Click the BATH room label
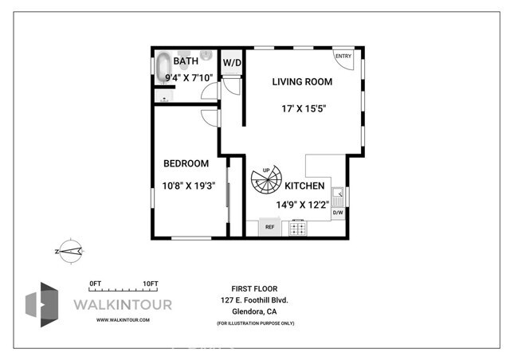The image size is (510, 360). pos(186,60)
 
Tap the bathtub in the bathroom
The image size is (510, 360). pos(163,67)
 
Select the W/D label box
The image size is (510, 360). pos(232,62)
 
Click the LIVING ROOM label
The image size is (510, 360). pos(302,81)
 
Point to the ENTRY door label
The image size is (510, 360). pos(343,56)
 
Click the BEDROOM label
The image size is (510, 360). pos(186,163)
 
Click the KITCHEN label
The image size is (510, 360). pos(304,186)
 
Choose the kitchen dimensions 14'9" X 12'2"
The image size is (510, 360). pos(303,204)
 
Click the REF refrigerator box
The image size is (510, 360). pos(270,227)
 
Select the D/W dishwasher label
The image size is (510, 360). pos(337,212)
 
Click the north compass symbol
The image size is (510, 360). pos(70,251)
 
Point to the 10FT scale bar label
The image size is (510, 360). pos(151,284)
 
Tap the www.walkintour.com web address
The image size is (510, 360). pos(123,319)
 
